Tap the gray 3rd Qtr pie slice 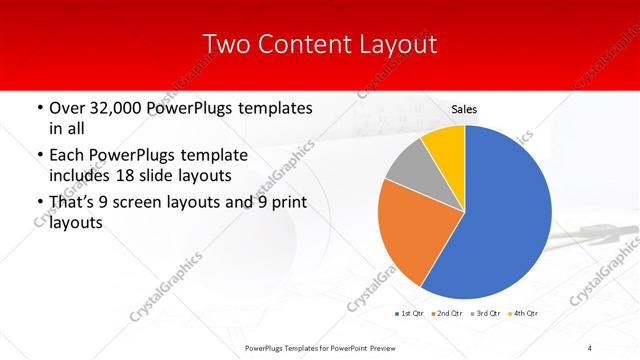pyautogui.click(x=407, y=168)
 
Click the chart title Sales pyautogui.click(x=464, y=111)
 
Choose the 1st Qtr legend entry pyautogui.click(x=409, y=314)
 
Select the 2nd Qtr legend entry pyautogui.click(x=446, y=314)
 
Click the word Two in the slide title pyautogui.click(x=226, y=44)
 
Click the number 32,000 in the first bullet pyautogui.click(x=117, y=107)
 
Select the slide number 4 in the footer pyautogui.click(x=590, y=347)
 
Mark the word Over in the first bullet pyautogui.click(x=66, y=107)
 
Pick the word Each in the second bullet pyautogui.click(x=67, y=155)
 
